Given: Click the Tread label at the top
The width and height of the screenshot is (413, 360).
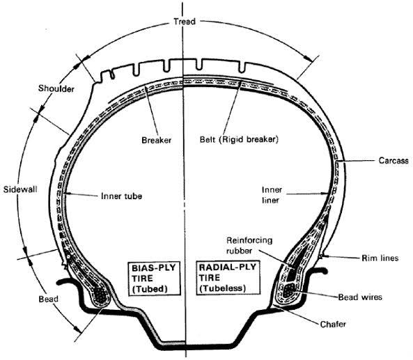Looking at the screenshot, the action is click(x=185, y=22).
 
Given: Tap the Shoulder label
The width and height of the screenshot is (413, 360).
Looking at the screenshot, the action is click(x=56, y=88).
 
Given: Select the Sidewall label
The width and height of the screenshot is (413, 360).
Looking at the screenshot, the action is click(x=20, y=189).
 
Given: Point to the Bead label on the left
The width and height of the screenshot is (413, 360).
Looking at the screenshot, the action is click(x=49, y=299).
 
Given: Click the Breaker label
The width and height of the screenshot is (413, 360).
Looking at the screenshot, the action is click(x=157, y=140).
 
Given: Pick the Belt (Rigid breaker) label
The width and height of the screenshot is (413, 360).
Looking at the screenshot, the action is click(x=239, y=139).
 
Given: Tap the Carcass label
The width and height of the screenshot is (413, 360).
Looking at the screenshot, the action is click(x=393, y=160).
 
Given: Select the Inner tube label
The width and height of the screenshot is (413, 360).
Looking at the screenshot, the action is click(x=121, y=196).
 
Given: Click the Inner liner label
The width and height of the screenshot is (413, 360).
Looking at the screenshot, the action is click(x=272, y=195).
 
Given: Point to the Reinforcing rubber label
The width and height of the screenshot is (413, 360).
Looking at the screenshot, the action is click(x=249, y=245).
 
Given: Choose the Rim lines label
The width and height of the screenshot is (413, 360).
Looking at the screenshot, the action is click(x=380, y=258).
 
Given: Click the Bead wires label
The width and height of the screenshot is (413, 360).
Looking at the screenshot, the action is click(x=360, y=297).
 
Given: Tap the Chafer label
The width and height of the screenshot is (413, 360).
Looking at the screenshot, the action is click(x=333, y=324).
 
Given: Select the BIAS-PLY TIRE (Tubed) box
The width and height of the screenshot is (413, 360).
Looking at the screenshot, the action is click(x=154, y=278).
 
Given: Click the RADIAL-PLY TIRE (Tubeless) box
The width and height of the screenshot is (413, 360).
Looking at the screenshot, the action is click(x=228, y=278).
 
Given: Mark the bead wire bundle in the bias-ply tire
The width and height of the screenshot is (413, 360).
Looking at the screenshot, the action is click(x=102, y=296).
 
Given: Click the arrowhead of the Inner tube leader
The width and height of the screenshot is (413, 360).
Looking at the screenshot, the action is click(x=67, y=194).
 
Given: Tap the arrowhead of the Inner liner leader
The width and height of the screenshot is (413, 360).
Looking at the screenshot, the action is click(x=325, y=194).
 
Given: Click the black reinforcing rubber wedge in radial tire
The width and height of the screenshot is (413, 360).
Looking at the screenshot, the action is click(x=295, y=263).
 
